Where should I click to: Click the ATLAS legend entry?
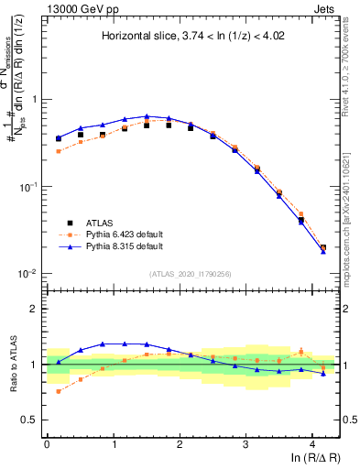tap(103, 223)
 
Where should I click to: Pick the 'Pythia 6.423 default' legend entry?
tap(125, 234)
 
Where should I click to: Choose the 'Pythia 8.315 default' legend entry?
tap(125, 246)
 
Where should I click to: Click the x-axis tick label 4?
tap(312, 443)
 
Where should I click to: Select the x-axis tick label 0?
tap(47, 443)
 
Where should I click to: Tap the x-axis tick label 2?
tap(180, 443)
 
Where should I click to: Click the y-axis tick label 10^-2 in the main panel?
tap(28, 274)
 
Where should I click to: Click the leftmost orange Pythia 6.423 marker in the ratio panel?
tap(59, 391)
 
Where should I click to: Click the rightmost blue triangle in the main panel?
tap(323, 251)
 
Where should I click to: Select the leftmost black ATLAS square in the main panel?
tap(59, 139)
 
